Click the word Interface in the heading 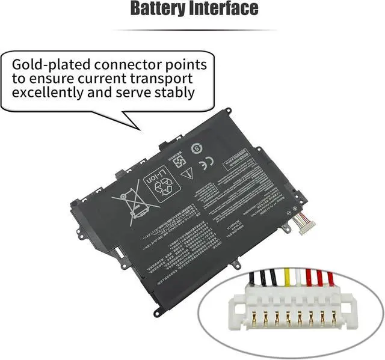tap(227, 9)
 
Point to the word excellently tap(51, 93)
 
